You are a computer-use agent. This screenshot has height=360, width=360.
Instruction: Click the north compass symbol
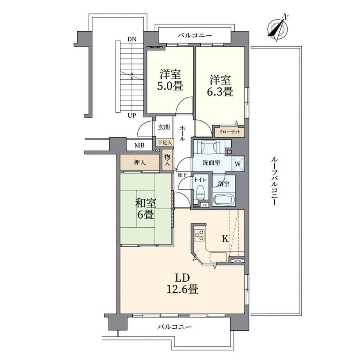point(277,29)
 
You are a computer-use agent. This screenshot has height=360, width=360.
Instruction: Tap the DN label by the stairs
point(132,39)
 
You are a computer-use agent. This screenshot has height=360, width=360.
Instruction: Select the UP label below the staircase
point(132,115)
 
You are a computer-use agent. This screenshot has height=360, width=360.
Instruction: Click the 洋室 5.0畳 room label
point(170,80)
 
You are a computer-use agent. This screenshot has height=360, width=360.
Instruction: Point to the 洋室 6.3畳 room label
point(220,85)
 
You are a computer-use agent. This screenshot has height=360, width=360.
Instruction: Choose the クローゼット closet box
point(230,132)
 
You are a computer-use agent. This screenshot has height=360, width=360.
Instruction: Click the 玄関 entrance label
point(164,127)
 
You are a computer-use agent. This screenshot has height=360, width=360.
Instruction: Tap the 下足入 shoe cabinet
point(164,142)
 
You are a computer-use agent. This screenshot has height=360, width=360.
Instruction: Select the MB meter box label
point(139,145)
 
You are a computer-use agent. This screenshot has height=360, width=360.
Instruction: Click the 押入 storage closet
point(140,162)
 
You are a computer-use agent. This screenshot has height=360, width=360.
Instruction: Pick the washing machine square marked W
point(238,164)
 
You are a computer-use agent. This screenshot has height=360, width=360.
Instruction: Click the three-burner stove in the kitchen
point(199,235)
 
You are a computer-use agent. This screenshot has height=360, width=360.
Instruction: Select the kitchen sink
point(218,257)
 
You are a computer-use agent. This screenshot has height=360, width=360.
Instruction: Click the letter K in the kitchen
point(225,239)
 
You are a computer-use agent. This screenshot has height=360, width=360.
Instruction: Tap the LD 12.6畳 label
point(182,284)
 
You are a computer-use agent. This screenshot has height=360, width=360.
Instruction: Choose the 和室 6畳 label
point(146,209)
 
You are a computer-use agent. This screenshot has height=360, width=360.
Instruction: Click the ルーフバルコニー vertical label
point(274,181)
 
